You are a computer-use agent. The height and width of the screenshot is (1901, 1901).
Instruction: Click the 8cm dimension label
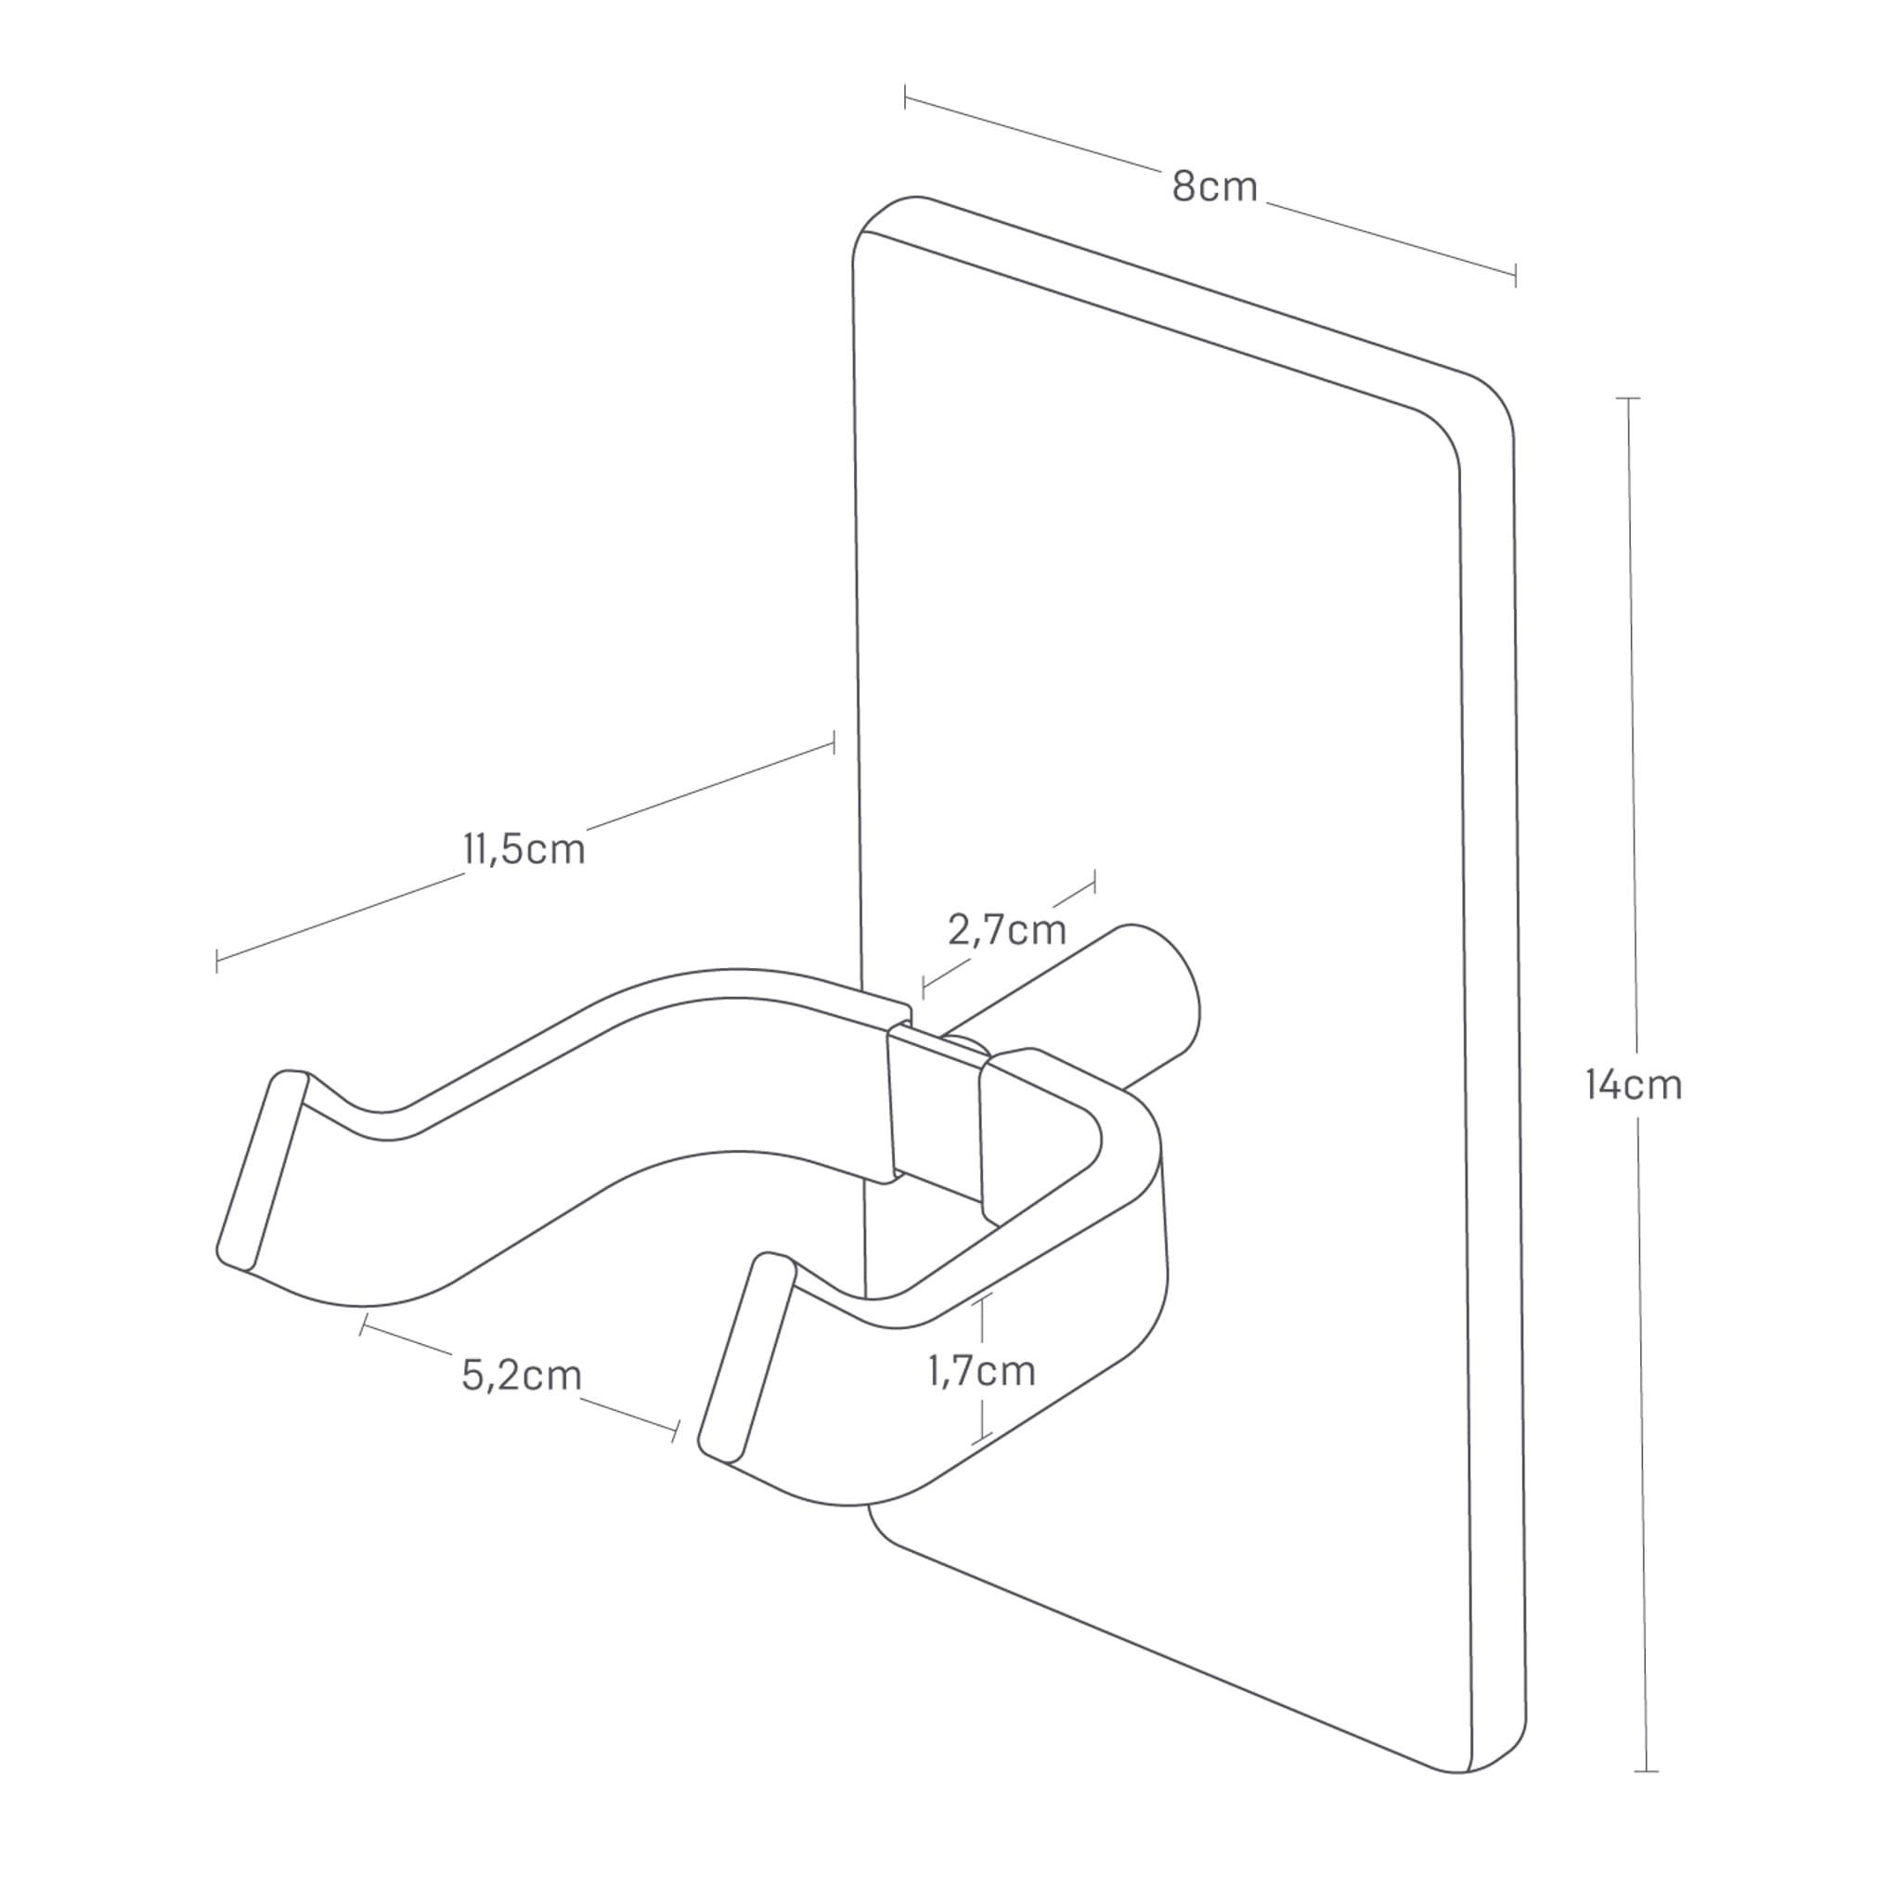(x=1214, y=187)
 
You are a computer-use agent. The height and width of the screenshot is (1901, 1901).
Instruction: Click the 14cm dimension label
(x=1635, y=1084)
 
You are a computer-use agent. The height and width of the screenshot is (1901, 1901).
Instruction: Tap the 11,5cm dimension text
(x=524, y=849)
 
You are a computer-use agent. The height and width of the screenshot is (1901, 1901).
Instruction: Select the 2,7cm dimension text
(x=1006, y=930)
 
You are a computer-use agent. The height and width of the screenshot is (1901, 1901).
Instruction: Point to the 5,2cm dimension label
(x=522, y=1375)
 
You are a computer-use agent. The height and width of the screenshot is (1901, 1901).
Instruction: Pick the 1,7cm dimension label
(x=982, y=1371)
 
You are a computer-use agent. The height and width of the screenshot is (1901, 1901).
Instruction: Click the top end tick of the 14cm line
(x=1627, y=398)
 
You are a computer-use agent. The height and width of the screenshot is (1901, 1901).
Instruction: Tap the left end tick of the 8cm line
(x=905, y=97)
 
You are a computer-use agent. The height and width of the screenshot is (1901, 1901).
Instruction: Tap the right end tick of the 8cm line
(x=1515, y=276)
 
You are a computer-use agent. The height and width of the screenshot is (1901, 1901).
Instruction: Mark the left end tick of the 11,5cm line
(x=216, y=962)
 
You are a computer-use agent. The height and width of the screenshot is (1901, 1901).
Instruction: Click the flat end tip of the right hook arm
(x=746, y=1358)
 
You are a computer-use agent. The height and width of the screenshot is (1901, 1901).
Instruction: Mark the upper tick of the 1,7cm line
(x=982, y=1297)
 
